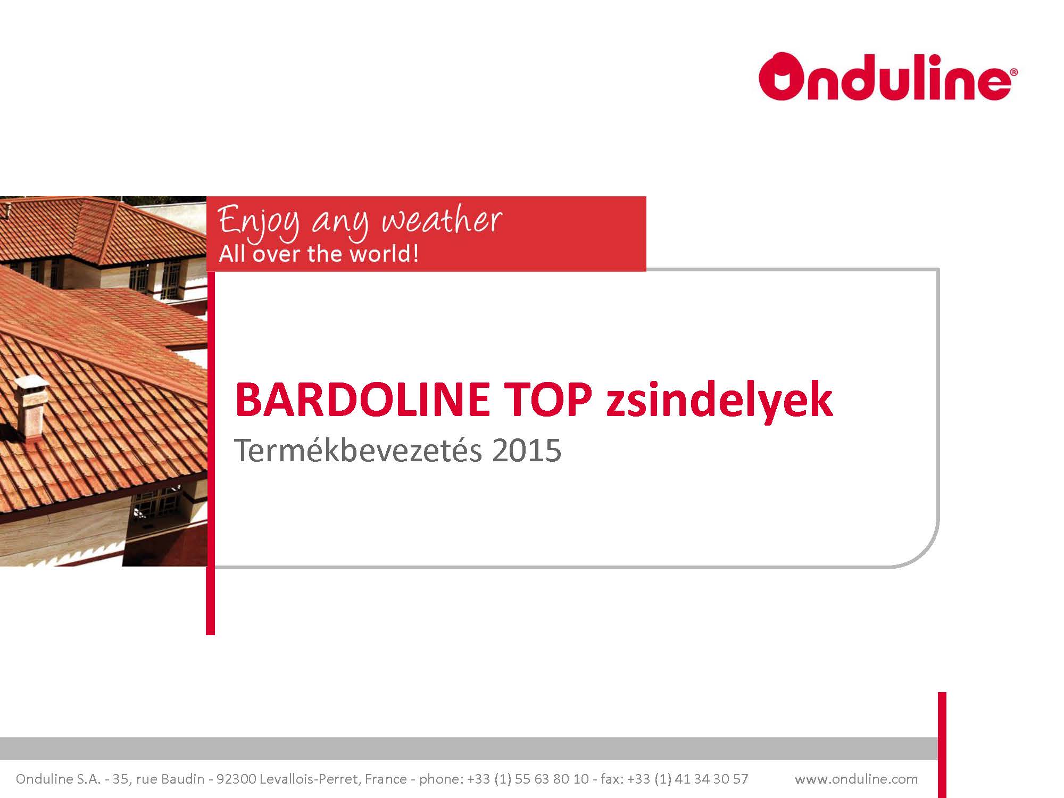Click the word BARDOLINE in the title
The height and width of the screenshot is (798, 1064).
(x=362, y=400)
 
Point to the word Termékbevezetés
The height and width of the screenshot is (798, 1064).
(x=358, y=450)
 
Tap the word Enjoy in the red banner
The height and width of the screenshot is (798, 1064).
(x=260, y=222)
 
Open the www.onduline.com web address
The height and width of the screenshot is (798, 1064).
(x=856, y=779)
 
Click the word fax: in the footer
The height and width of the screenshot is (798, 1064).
(x=611, y=779)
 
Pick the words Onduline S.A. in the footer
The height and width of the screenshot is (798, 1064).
(x=58, y=779)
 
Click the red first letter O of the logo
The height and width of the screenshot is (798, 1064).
(x=782, y=78)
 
